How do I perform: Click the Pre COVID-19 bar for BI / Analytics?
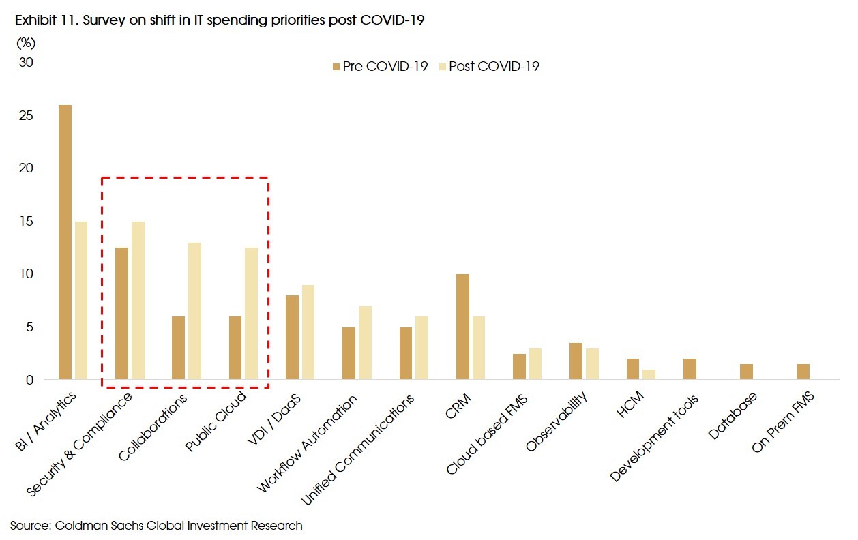coord(65,242)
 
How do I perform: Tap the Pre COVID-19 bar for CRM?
coord(462,327)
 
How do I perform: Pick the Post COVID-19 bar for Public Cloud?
coord(252,313)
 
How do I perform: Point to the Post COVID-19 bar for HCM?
coord(649,374)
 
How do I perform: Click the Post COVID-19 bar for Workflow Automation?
coord(366,342)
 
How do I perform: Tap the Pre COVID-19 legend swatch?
coord(336,67)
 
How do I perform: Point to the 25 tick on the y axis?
coord(26,115)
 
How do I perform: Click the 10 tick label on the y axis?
coord(26,274)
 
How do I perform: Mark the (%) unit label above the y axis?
coord(25,43)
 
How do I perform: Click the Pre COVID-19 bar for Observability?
coord(576,361)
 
